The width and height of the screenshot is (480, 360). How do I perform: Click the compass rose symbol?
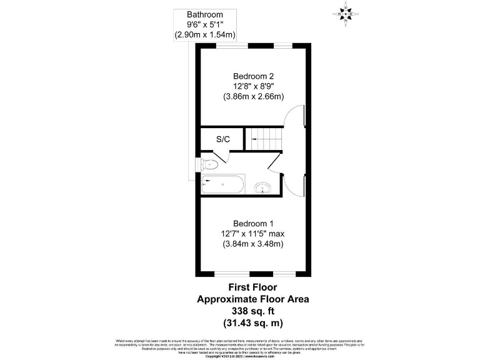pyautogui.click(x=346, y=12)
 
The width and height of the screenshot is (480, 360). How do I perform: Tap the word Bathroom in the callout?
pyautogui.click(x=204, y=14)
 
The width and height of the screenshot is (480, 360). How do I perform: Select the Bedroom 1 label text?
pyautogui.click(x=253, y=223)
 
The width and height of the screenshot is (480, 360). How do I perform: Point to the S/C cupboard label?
pyautogui.click(x=223, y=139)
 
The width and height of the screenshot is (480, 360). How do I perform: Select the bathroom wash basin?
pyautogui.click(x=263, y=187)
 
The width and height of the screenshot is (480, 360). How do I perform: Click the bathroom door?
pyautogui.click(x=276, y=162)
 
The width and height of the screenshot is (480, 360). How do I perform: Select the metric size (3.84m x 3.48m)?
pyautogui.click(x=253, y=244)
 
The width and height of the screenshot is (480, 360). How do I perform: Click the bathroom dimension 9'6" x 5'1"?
pyautogui.click(x=204, y=25)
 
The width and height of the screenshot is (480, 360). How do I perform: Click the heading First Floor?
pyautogui.click(x=253, y=288)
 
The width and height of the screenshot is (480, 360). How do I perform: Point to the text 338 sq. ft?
pyautogui.click(x=253, y=311)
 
